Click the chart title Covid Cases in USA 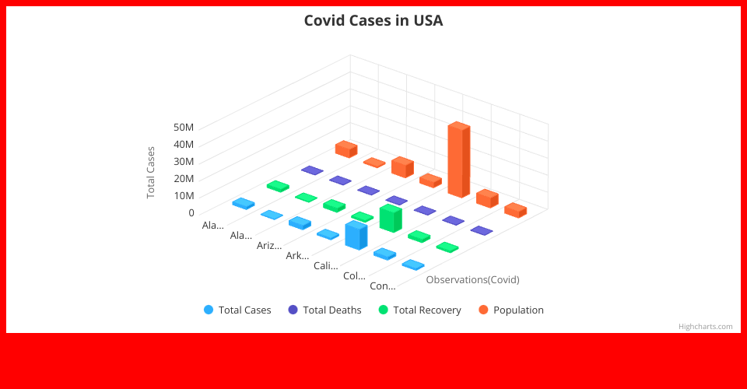click(373, 20)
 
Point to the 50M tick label click(184, 127)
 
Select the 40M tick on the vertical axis click(184, 144)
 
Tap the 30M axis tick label click(184, 161)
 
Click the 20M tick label click(184, 178)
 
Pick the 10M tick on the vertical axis click(184, 196)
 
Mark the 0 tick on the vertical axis click(191, 213)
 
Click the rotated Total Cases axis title click(151, 173)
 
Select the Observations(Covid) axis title click(472, 279)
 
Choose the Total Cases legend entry click(237, 310)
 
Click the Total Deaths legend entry click(325, 310)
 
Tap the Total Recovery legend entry click(419, 310)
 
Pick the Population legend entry click(511, 310)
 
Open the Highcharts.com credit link click(706, 326)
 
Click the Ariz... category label click(269, 245)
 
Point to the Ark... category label click(297, 256)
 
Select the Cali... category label click(326, 265)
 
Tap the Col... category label click(355, 275)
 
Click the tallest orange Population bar click(459, 159)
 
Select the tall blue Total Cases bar click(356, 235)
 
